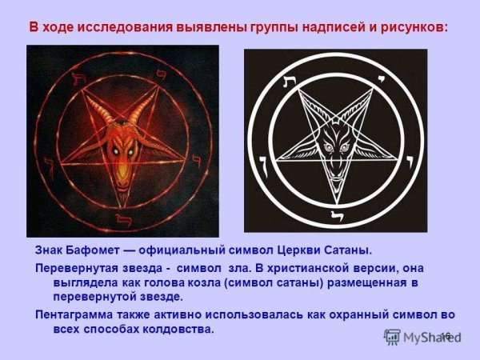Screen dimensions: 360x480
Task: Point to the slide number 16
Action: pyautogui.click(x=446, y=334)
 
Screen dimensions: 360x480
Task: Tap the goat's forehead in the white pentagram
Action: pyautogui.click(x=335, y=129)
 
